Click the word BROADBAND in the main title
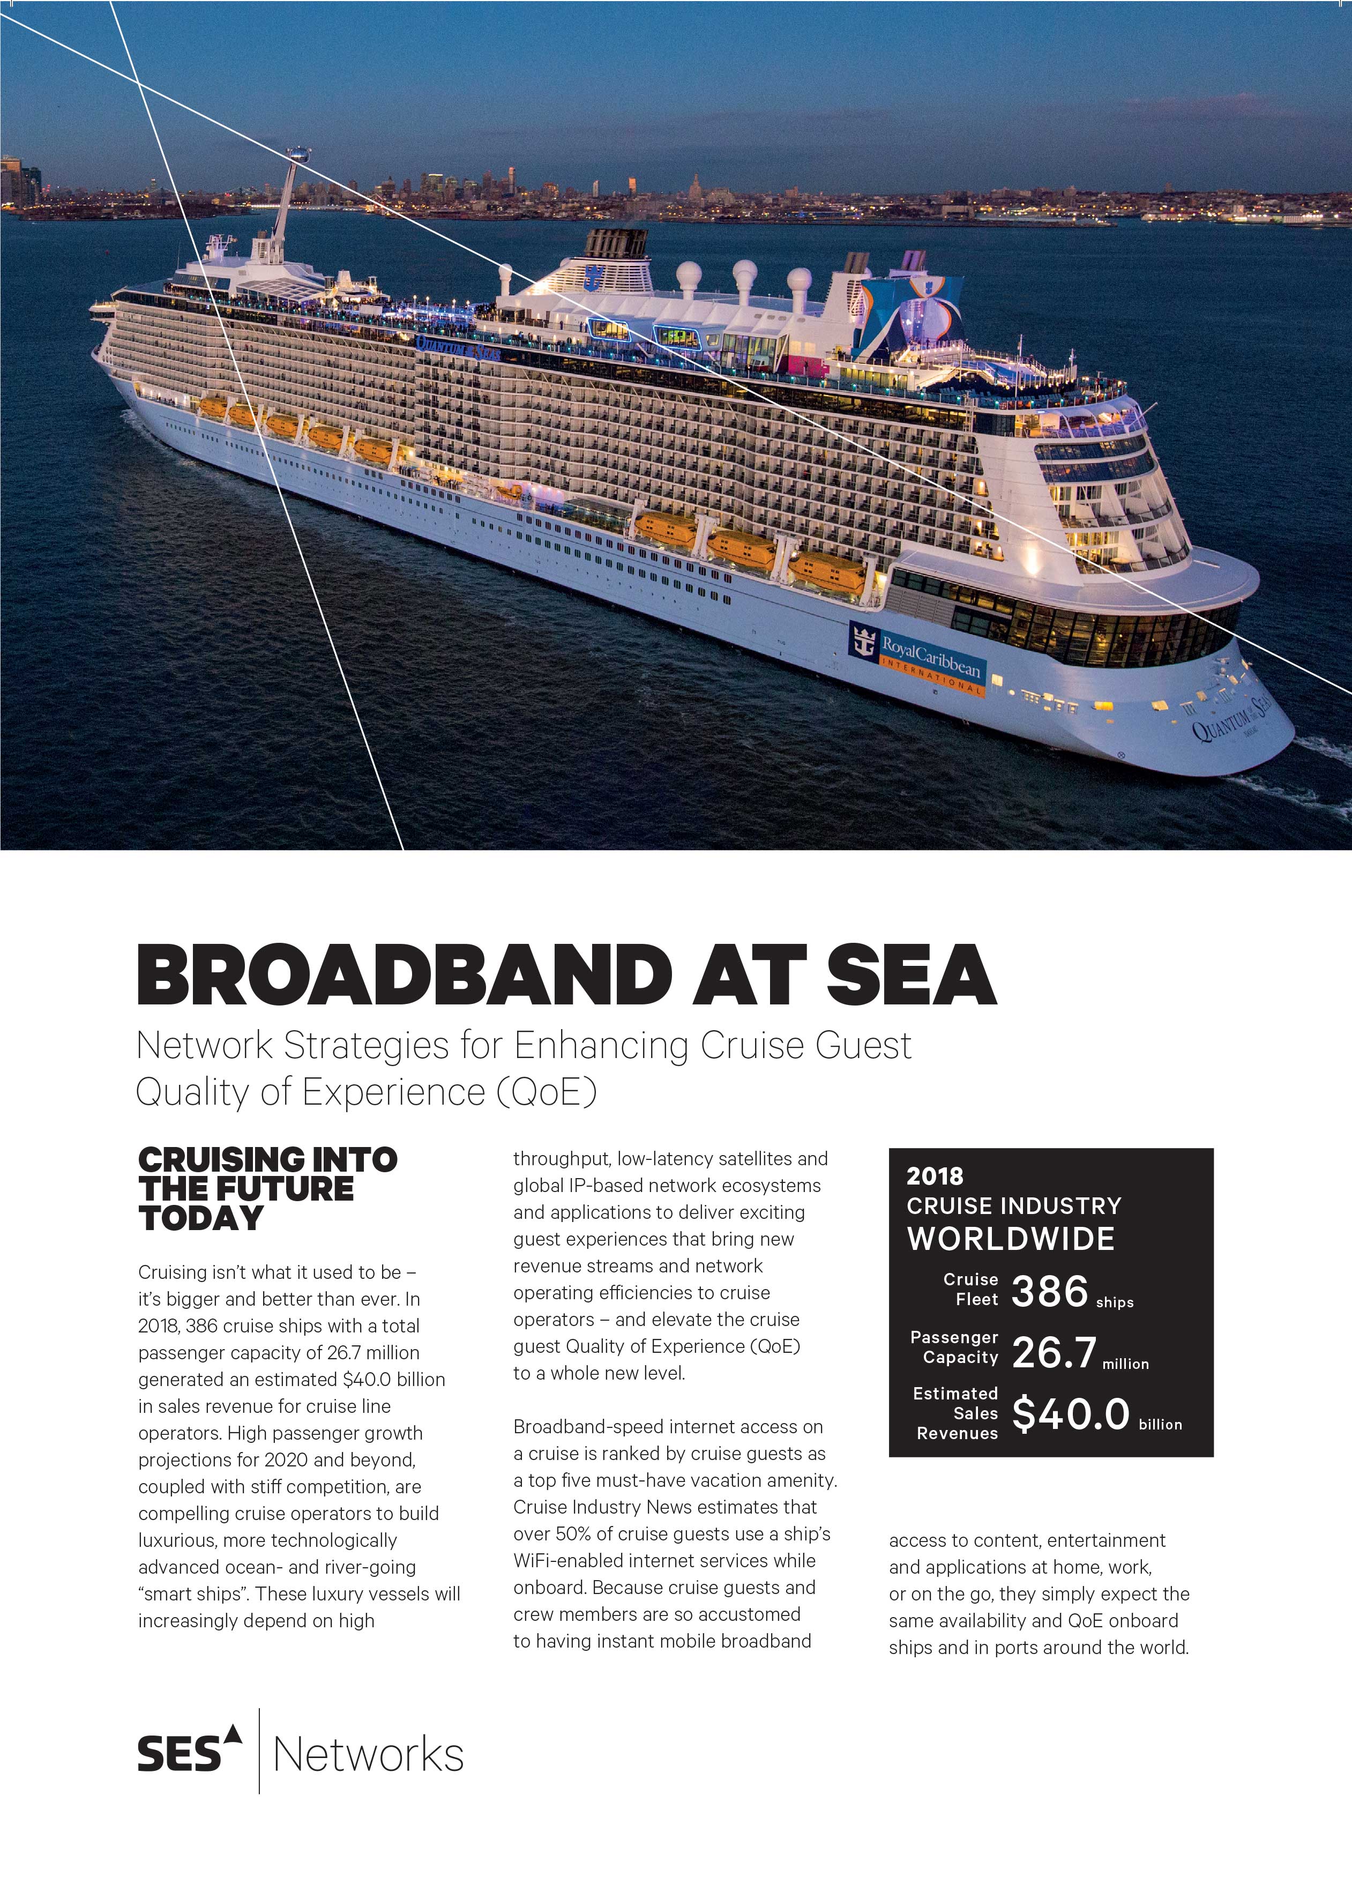pos(405,974)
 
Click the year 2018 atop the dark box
pos(934,1176)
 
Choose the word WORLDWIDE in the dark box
pos(1011,1239)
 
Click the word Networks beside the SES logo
pos(368,1755)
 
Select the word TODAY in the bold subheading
pos(201,1219)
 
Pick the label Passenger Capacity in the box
pos(954,1347)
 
